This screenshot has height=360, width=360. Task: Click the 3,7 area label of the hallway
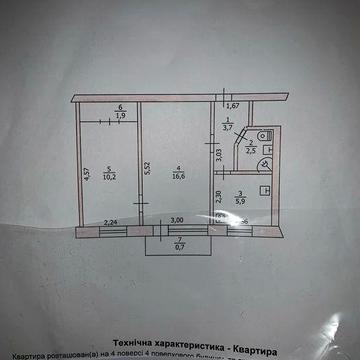point(228,129)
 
